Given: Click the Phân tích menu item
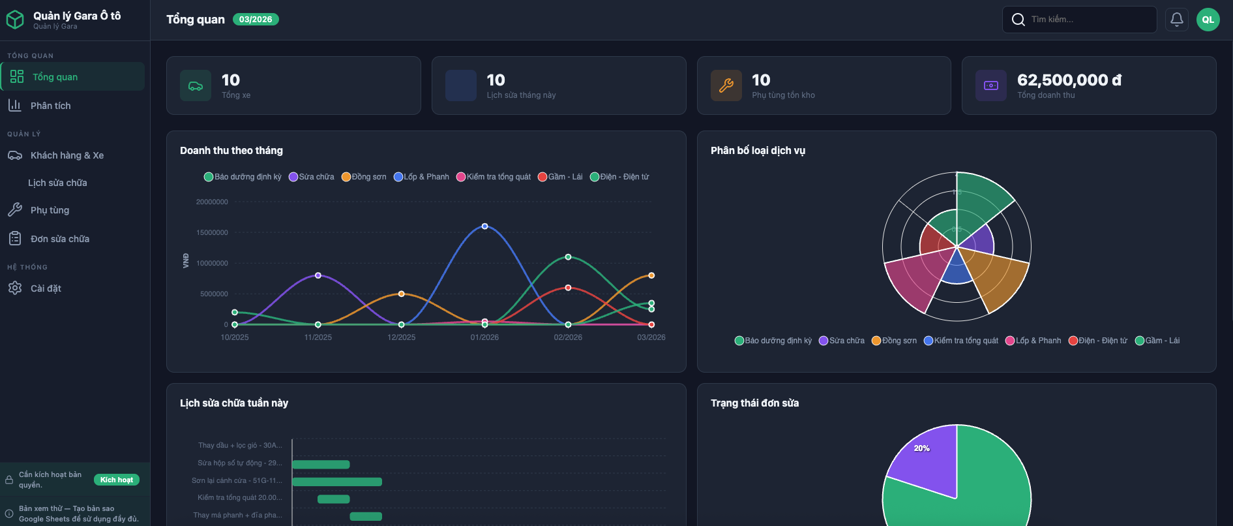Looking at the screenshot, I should [50, 106].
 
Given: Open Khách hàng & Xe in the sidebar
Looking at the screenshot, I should [67, 155].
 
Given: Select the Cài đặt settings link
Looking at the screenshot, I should [46, 288].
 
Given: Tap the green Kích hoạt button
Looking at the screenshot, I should [117, 480].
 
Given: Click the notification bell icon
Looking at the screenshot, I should [1176, 20].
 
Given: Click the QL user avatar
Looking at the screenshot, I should [1208, 20].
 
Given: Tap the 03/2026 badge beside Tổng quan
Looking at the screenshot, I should [256, 20].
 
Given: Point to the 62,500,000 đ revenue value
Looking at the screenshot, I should [1069, 80].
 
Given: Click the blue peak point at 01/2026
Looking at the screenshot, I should [484, 226].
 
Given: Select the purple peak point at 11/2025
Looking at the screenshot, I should [318, 275].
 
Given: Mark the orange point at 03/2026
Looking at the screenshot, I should [651, 275].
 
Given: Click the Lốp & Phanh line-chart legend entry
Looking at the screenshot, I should [422, 177].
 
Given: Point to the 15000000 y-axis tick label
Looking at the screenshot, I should [212, 232].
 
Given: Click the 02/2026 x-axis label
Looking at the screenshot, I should [568, 337].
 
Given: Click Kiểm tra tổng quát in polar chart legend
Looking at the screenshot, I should [961, 341].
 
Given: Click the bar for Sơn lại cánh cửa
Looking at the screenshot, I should [336, 482].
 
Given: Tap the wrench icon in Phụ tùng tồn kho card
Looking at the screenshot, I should [726, 85].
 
